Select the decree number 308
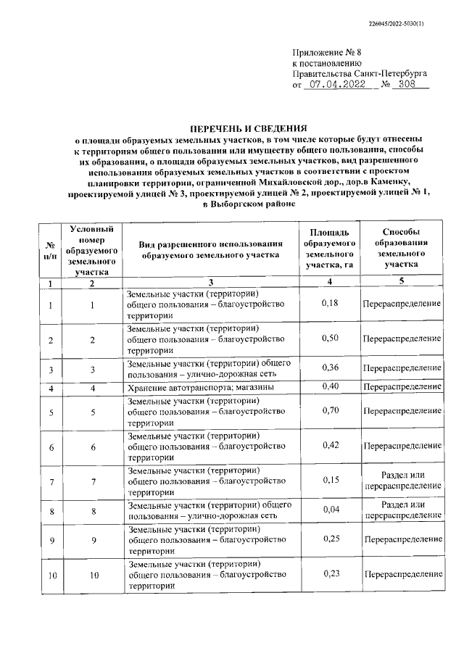(411, 84)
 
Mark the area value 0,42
(329, 445)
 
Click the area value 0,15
(329, 480)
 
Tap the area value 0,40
(329, 387)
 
